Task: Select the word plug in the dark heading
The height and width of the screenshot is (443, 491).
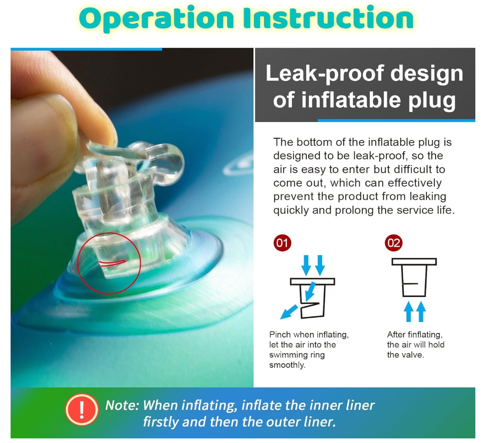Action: (x=432, y=101)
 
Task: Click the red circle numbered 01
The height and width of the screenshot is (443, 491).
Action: (x=282, y=243)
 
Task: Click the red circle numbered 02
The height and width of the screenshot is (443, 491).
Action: (x=394, y=243)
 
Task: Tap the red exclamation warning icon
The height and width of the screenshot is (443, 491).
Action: (x=82, y=409)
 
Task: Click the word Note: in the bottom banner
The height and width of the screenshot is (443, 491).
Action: (x=122, y=405)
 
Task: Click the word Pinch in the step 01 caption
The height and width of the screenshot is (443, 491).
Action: (x=280, y=335)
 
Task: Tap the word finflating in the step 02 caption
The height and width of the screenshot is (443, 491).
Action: (x=425, y=335)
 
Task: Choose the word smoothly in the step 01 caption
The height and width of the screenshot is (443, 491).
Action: (x=287, y=365)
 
